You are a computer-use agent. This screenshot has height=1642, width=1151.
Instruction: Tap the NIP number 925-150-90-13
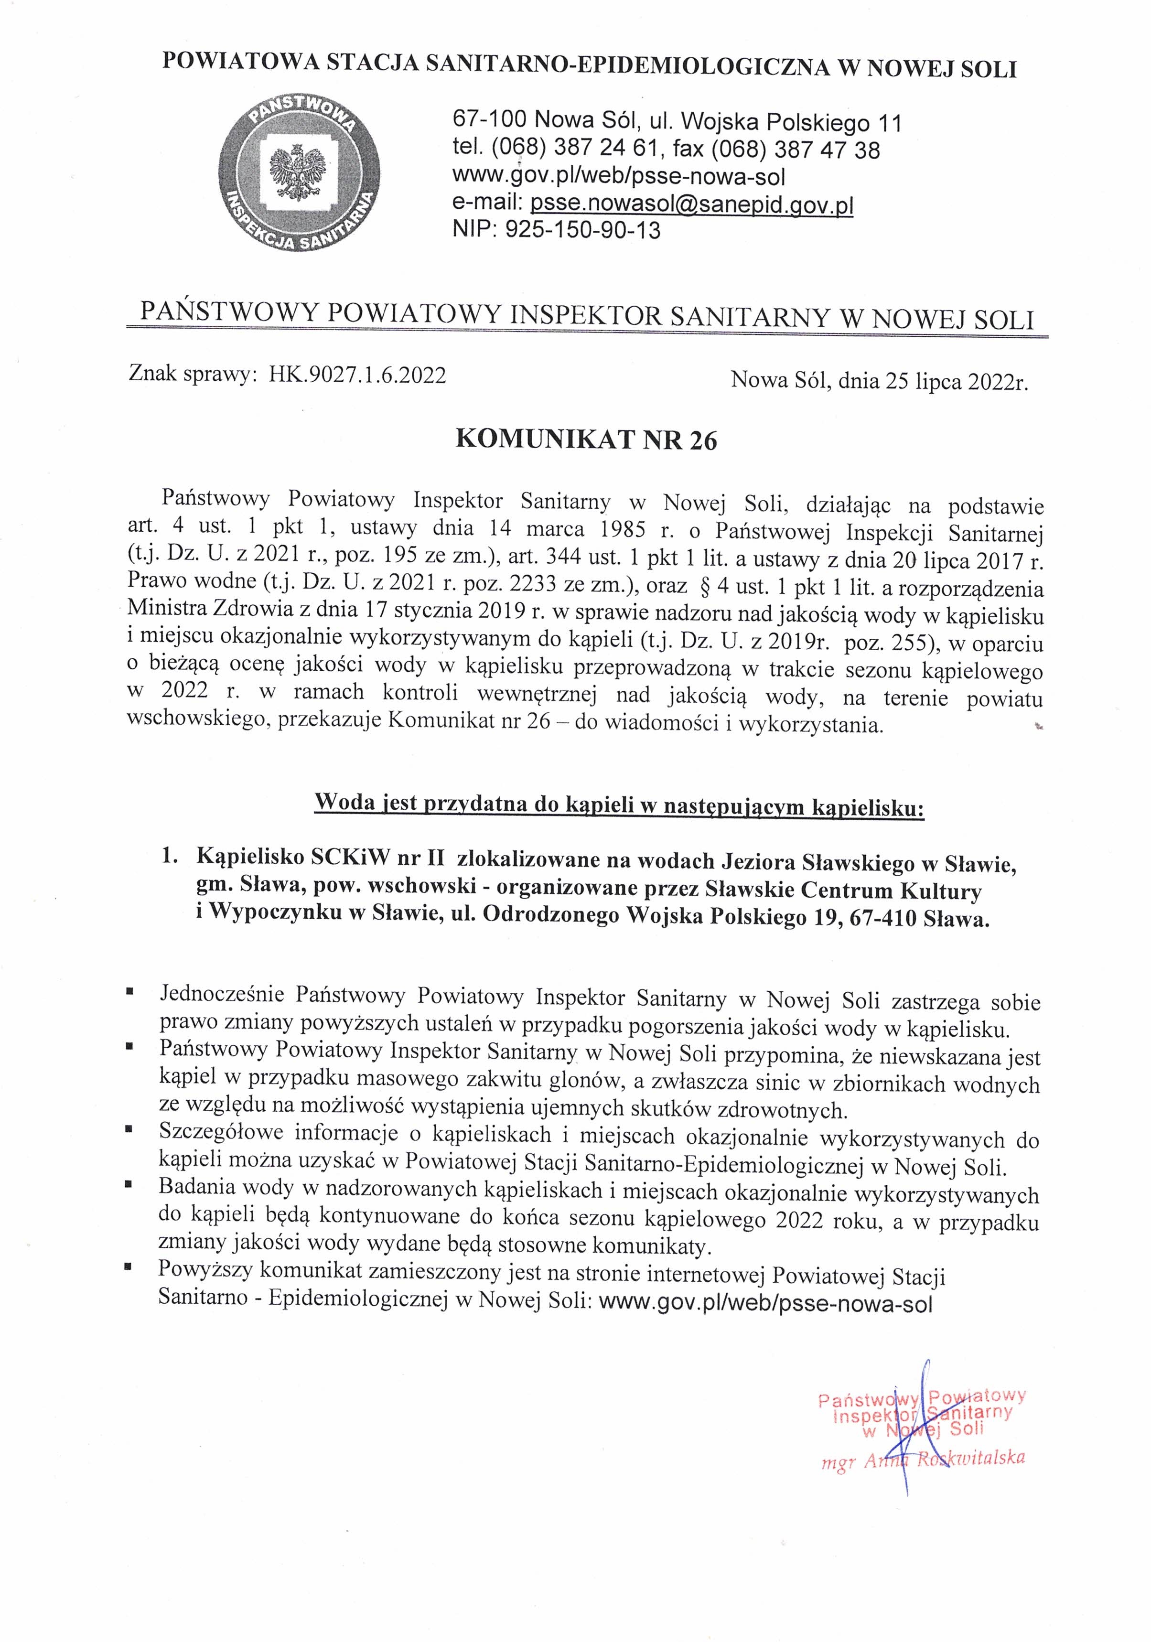tap(582, 230)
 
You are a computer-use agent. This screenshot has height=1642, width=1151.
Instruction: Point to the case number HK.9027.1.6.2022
tap(357, 375)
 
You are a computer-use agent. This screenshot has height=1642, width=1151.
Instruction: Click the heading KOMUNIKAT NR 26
tap(586, 441)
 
